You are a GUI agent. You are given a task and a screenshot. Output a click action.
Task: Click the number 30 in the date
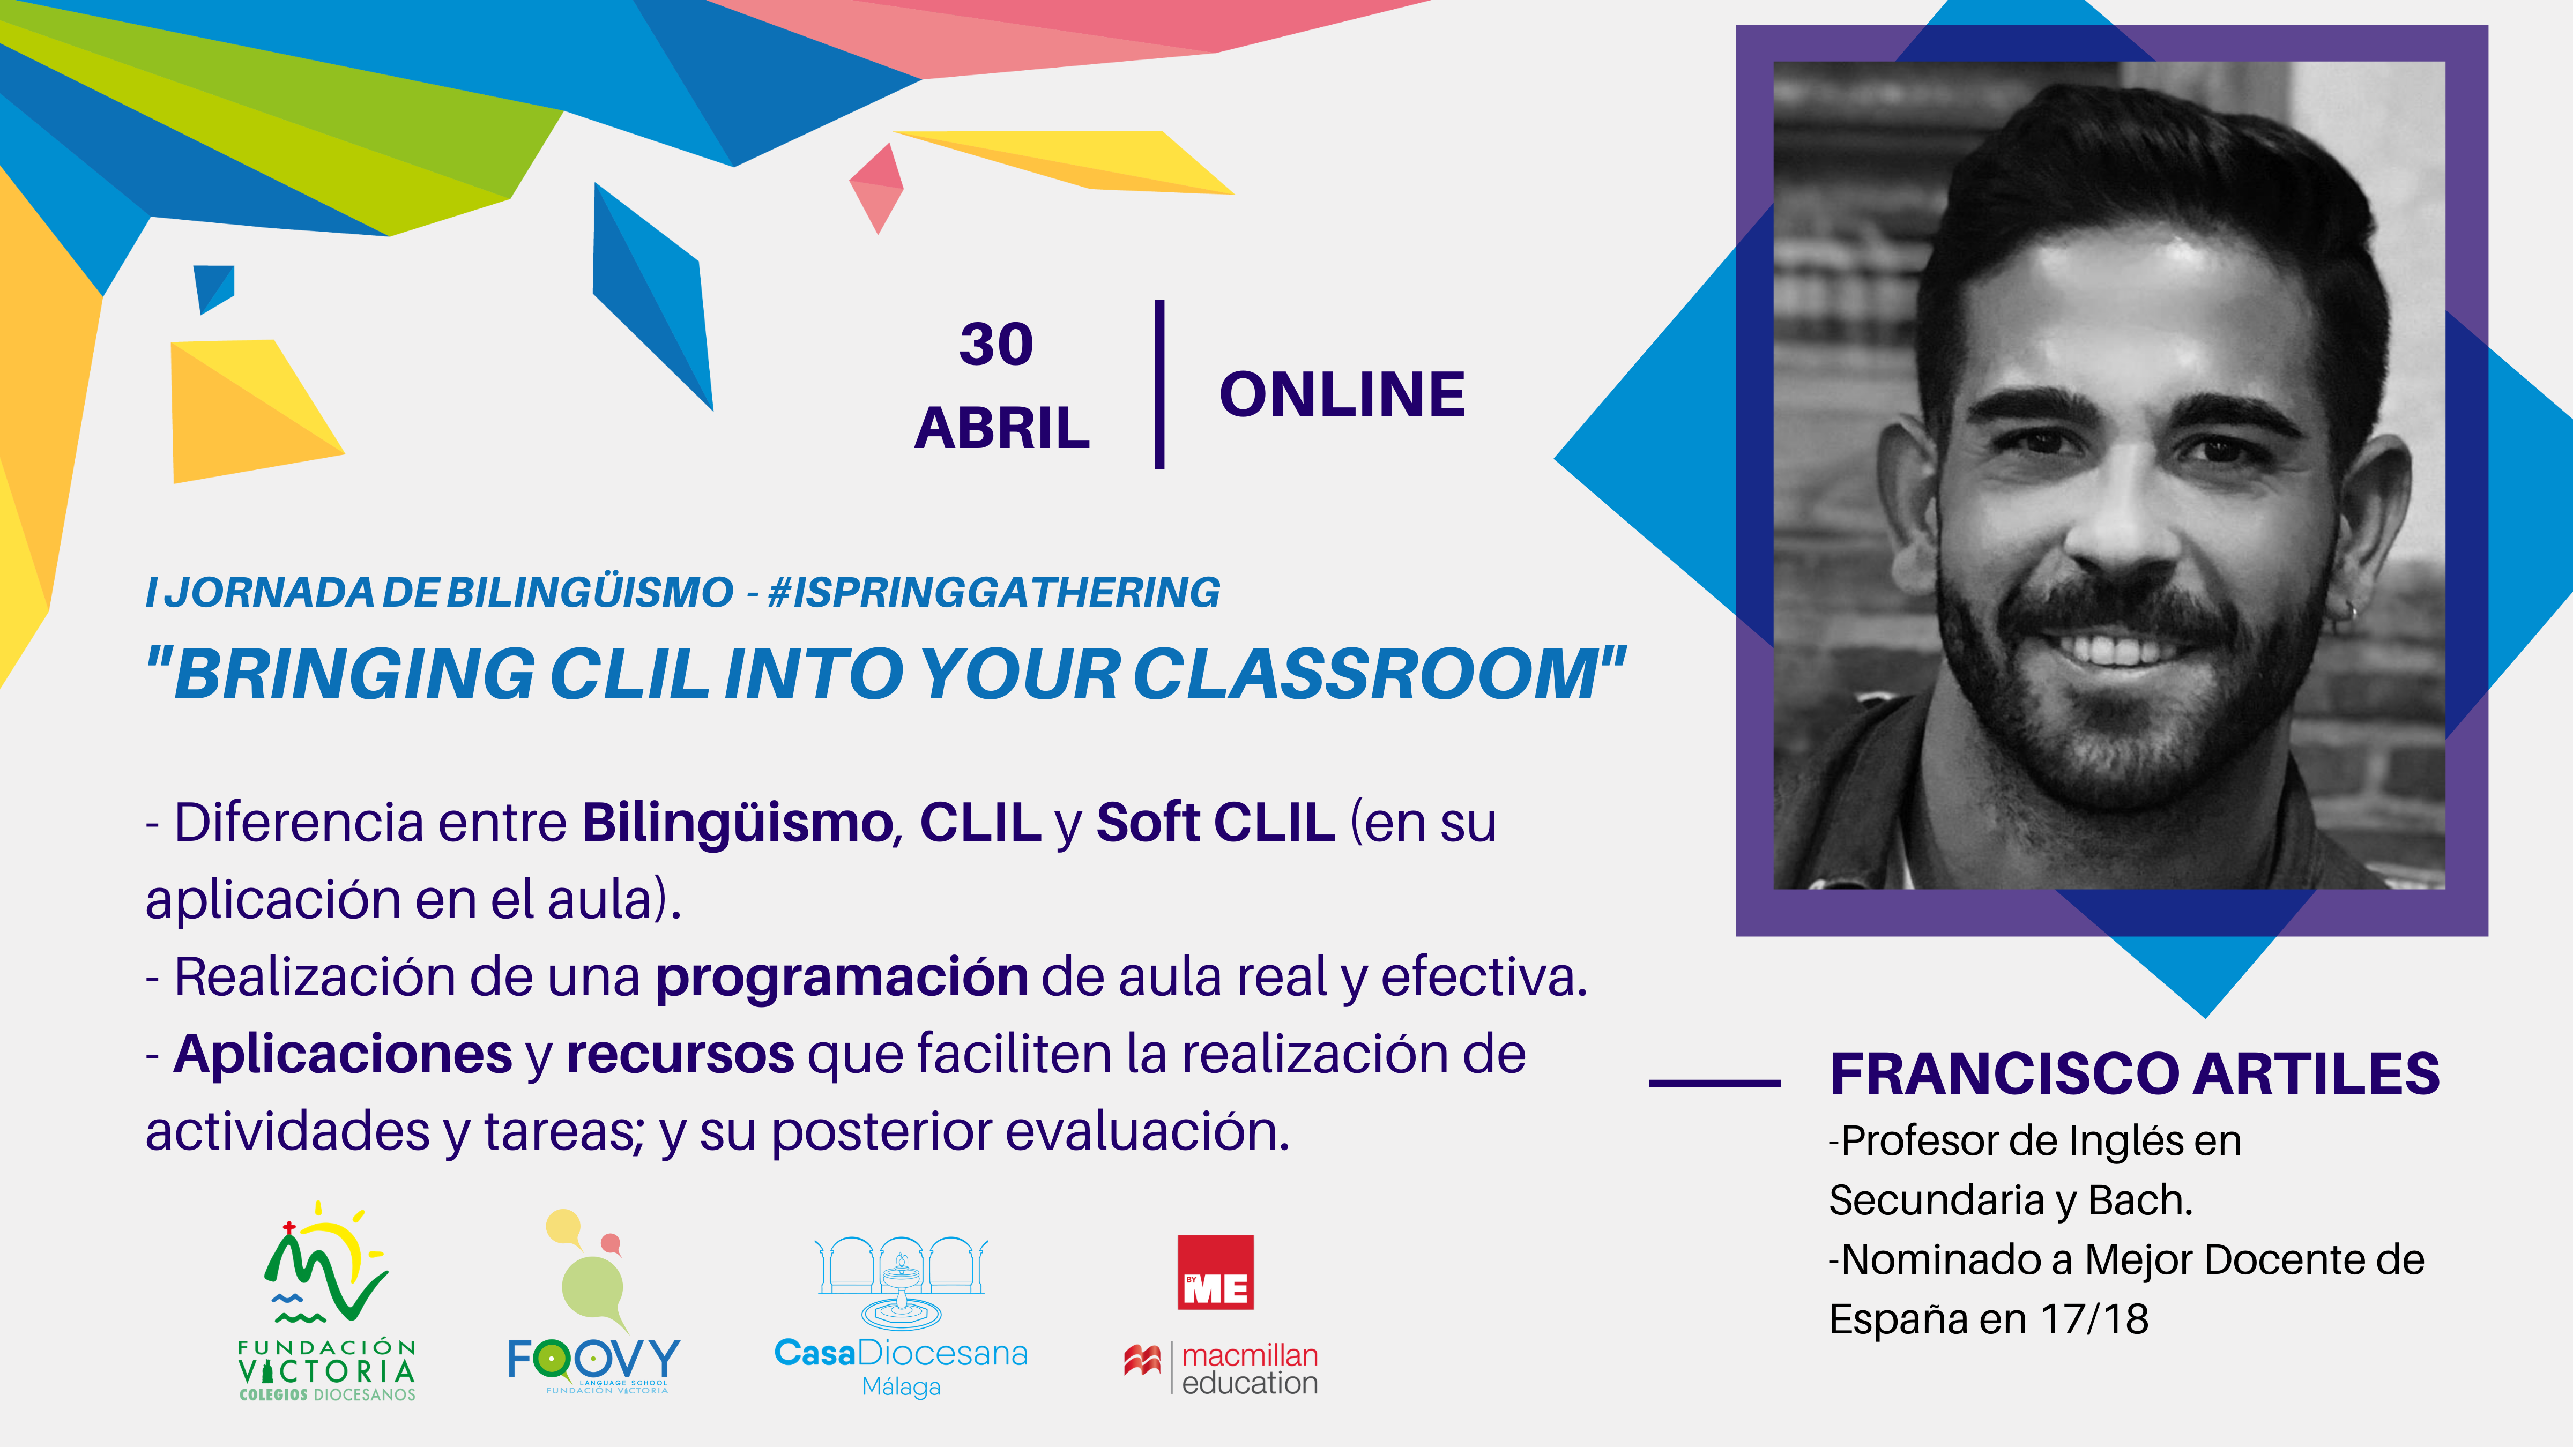point(996,345)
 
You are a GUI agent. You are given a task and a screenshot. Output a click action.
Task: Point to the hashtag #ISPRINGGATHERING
point(994,592)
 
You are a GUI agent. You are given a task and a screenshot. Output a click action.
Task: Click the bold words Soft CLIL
point(1216,823)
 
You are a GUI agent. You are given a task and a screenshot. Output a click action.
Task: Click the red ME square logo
point(1216,1272)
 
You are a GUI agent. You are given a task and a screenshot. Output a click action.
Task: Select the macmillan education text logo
point(1221,1369)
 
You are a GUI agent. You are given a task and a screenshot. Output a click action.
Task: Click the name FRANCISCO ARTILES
point(2135,1075)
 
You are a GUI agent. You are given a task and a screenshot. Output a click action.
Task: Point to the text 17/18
point(2094,1319)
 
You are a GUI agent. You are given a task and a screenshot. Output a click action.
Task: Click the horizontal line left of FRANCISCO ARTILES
point(1714,1083)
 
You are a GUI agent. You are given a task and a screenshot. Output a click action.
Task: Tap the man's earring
point(2350,612)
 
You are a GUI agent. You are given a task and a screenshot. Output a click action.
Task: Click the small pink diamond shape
point(876,189)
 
